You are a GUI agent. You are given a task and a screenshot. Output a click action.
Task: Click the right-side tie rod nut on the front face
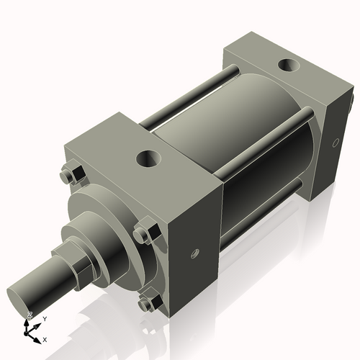[141, 235]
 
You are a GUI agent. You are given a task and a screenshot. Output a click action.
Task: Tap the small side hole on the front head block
[194, 253]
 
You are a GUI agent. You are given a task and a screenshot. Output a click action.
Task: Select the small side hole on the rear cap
[334, 143]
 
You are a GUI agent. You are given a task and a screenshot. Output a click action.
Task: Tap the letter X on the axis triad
[45, 338]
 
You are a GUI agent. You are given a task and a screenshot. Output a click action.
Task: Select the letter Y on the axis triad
[45, 318]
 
